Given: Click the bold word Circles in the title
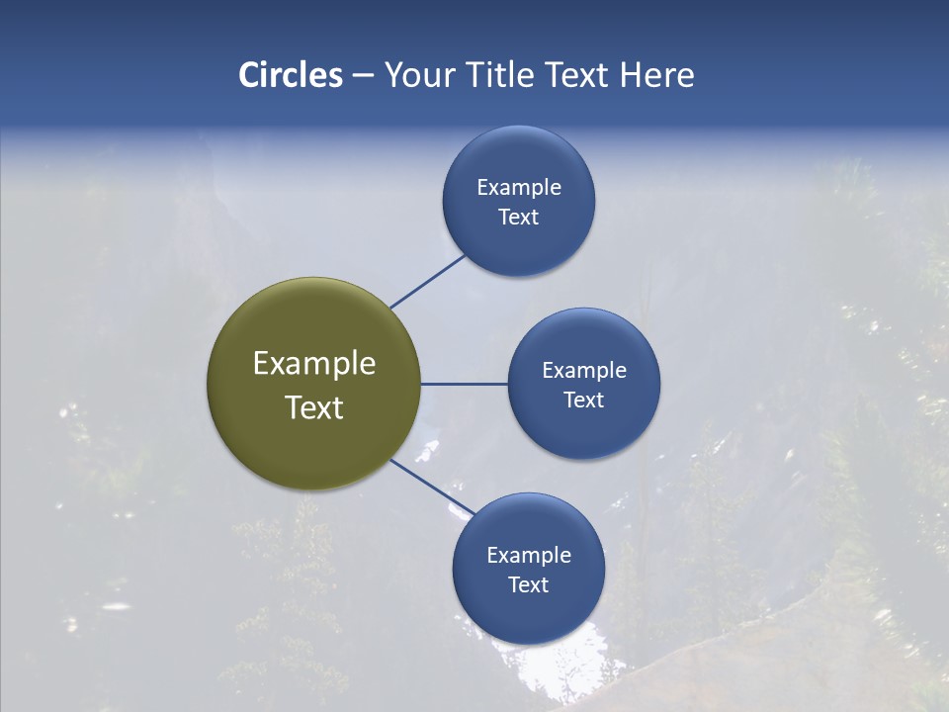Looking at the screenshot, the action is tap(290, 75).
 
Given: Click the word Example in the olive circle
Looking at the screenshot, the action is tap(314, 364).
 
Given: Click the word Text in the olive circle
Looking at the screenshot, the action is tap(314, 407).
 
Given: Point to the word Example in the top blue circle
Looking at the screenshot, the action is tap(519, 188).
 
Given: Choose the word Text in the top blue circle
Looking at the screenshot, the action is tap(519, 218).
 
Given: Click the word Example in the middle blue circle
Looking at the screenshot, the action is tap(584, 371).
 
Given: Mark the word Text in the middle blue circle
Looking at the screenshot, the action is tap(584, 400).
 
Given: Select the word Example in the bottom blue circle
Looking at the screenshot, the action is tap(529, 556).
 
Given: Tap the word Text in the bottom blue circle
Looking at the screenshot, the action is tap(529, 585).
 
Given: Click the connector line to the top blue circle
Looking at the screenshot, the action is tap(427, 282).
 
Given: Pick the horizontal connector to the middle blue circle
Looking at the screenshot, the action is tap(465, 384).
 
